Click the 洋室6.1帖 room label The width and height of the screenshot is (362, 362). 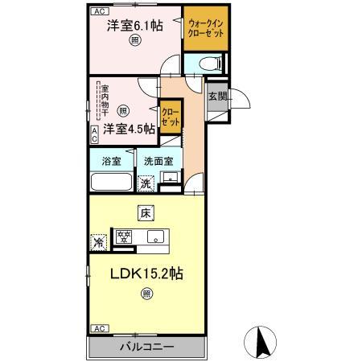[134, 25]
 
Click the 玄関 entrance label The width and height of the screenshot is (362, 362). [217, 96]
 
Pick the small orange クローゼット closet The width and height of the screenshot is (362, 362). [170, 115]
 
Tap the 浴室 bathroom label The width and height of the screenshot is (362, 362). [111, 160]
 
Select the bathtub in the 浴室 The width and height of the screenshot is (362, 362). [111, 182]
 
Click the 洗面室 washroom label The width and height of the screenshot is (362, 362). [158, 160]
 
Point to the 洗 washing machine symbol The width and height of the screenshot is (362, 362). [146, 183]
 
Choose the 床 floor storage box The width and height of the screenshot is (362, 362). [146, 213]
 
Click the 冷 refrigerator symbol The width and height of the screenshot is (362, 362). [97, 241]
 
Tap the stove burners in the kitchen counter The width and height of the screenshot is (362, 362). [124, 237]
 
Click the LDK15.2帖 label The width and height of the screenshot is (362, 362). [146, 274]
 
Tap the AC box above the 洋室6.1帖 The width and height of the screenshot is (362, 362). [98, 11]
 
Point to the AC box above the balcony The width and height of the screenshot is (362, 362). [98, 328]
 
